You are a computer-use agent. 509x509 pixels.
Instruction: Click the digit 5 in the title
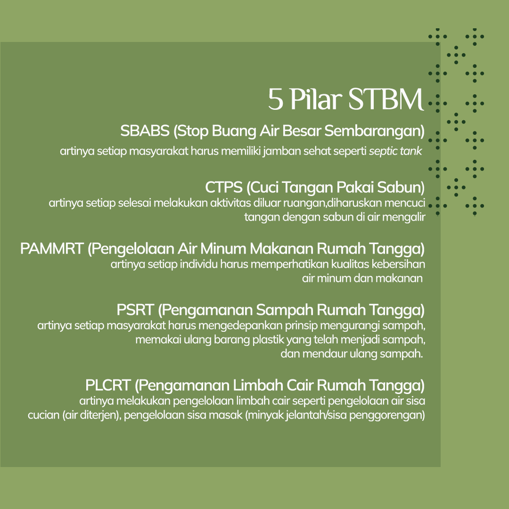(276, 99)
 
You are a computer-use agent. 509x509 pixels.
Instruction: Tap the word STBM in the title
(386, 99)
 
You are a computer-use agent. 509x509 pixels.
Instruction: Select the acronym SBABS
(145, 131)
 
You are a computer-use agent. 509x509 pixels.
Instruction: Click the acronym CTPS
(224, 187)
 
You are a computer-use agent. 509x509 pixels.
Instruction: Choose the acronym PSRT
(135, 310)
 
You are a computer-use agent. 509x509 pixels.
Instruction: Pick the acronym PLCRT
(108, 385)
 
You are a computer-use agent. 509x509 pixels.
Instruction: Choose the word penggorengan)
(395, 416)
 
